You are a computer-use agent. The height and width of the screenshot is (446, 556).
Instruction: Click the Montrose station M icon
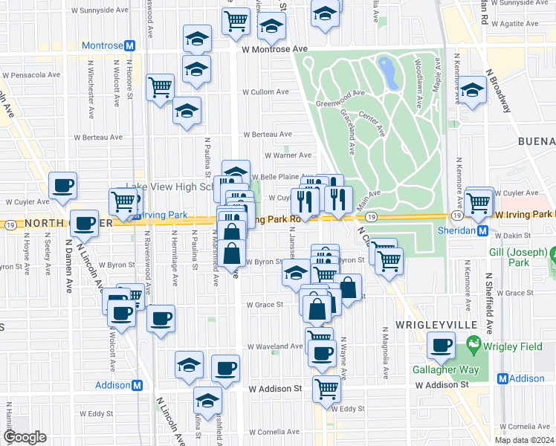(129, 46)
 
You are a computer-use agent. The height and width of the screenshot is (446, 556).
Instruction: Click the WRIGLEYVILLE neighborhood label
(426, 326)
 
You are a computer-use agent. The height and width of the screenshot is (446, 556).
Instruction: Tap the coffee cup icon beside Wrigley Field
(442, 345)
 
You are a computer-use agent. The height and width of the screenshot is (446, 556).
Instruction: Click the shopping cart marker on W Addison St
(326, 388)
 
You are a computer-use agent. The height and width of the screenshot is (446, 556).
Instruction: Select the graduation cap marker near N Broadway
(471, 91)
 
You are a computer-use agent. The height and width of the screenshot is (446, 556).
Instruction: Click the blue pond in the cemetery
(387, 71)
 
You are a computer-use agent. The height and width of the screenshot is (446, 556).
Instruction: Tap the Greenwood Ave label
(340, 94)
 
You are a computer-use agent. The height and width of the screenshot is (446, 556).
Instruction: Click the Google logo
(25, 437)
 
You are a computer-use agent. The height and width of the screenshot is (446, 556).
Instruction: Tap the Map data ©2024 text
(523, 440)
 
